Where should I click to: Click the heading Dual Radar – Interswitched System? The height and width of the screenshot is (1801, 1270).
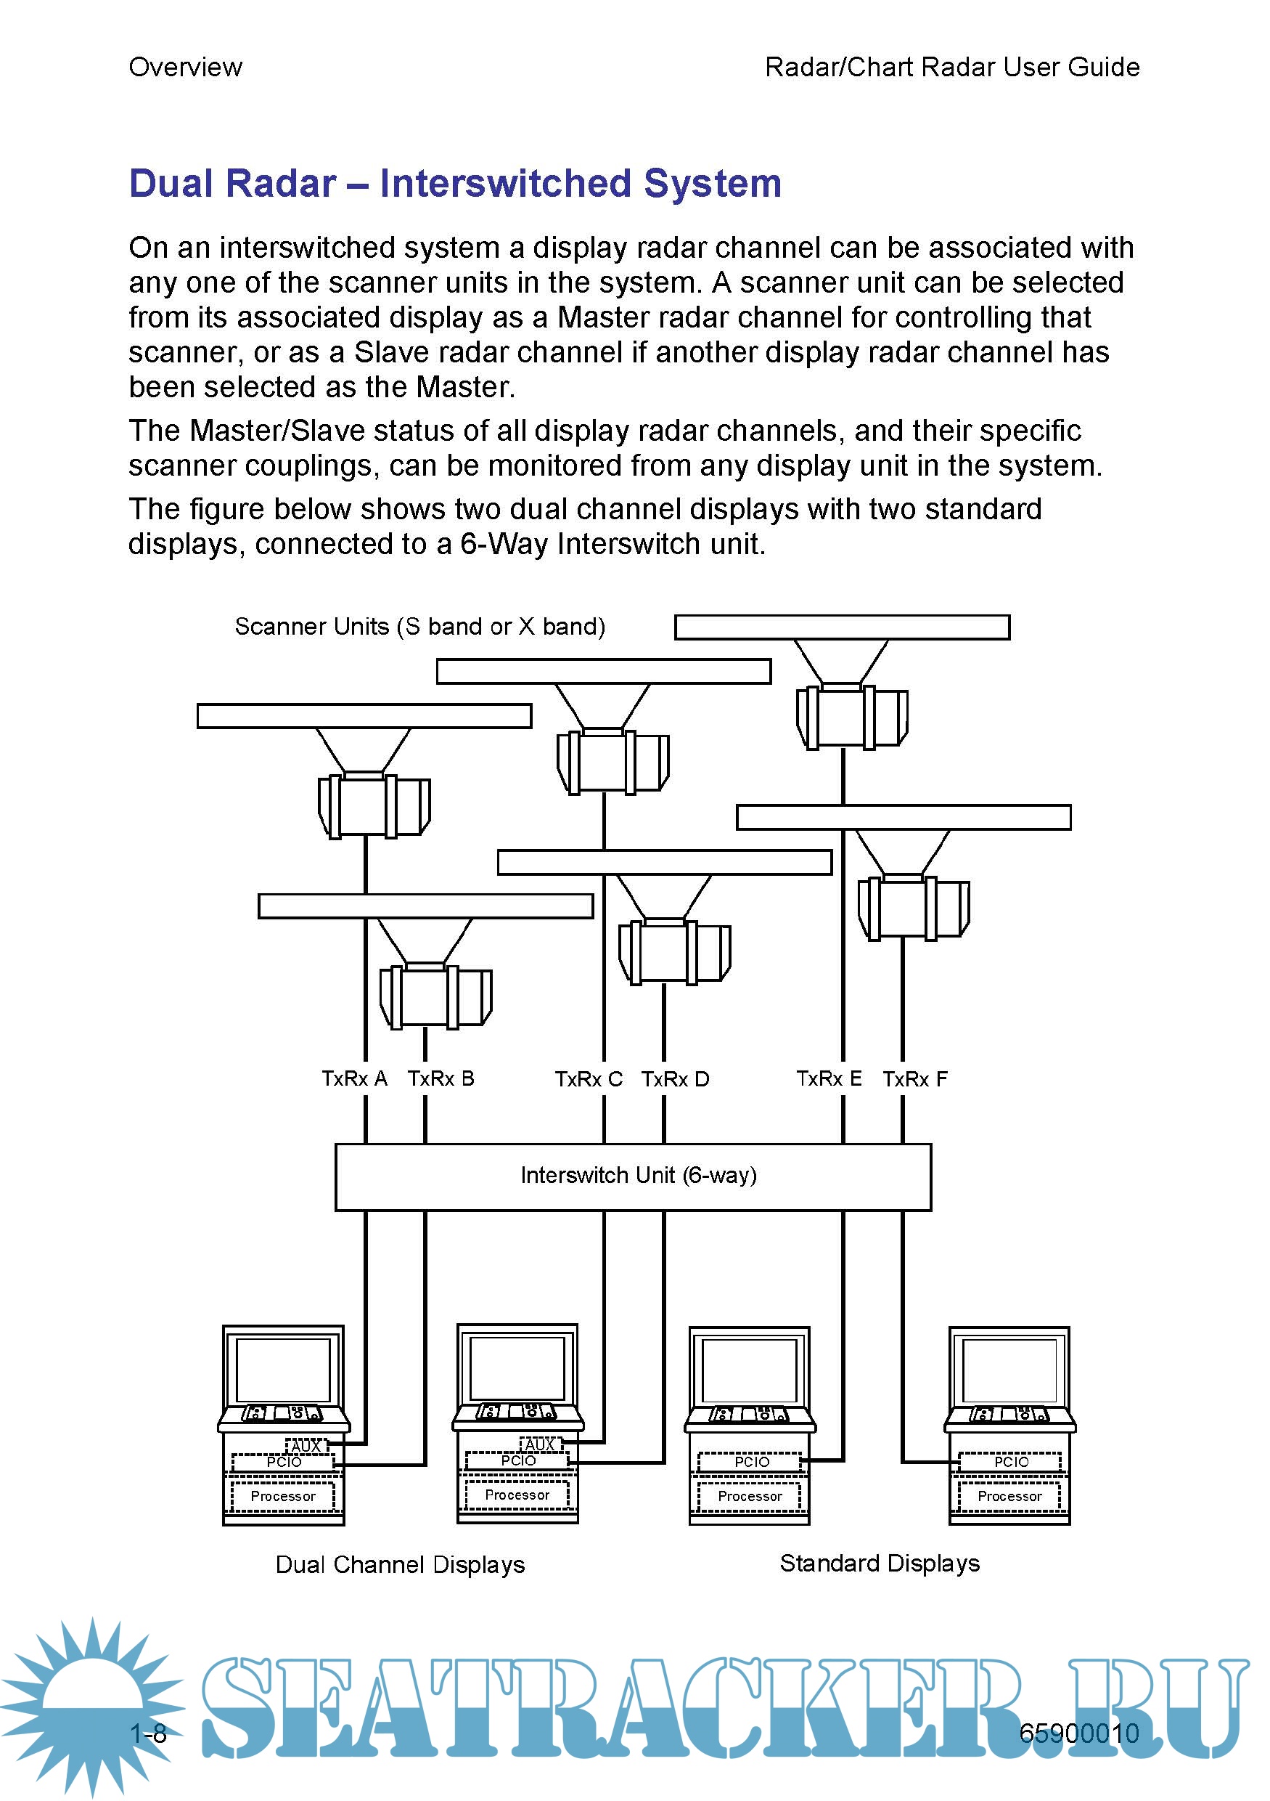click(x=455, y=184)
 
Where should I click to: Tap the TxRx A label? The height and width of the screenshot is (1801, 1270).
click(x=354, y=1078)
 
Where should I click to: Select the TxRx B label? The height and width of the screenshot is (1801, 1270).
click(x=441, y=1078)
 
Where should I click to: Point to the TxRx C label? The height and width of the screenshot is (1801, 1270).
click(x=588, y=1079)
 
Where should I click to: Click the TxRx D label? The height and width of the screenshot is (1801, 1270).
click(x=675, y=1079)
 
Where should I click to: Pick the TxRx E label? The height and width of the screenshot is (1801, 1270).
click(x=829, y=1078)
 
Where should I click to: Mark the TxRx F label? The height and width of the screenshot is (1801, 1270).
click(x=915, y=1079)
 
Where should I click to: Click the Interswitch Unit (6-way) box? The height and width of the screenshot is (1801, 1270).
click(x=633, y=1176)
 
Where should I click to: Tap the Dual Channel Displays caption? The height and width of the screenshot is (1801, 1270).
click(x=400, y=1565)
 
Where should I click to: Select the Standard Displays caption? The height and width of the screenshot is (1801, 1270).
click(x=880, y=1564)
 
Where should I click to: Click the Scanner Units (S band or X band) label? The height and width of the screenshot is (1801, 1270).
click(x=419, y=626)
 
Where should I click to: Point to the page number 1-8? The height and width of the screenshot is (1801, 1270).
click(x=148, y=1733)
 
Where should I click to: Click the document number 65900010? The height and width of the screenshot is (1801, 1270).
click(x=1078, y=1733)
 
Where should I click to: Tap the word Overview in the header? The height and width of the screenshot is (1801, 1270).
click(x=185, y=68)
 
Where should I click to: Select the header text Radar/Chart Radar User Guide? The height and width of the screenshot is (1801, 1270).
click(x=951, y=68)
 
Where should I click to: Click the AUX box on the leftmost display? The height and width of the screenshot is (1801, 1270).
click(x=306, y=1445)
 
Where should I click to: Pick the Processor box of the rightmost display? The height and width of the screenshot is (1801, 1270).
click(x=1009, y=1496)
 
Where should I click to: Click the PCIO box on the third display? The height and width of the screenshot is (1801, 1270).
click(x=751, y=1461)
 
